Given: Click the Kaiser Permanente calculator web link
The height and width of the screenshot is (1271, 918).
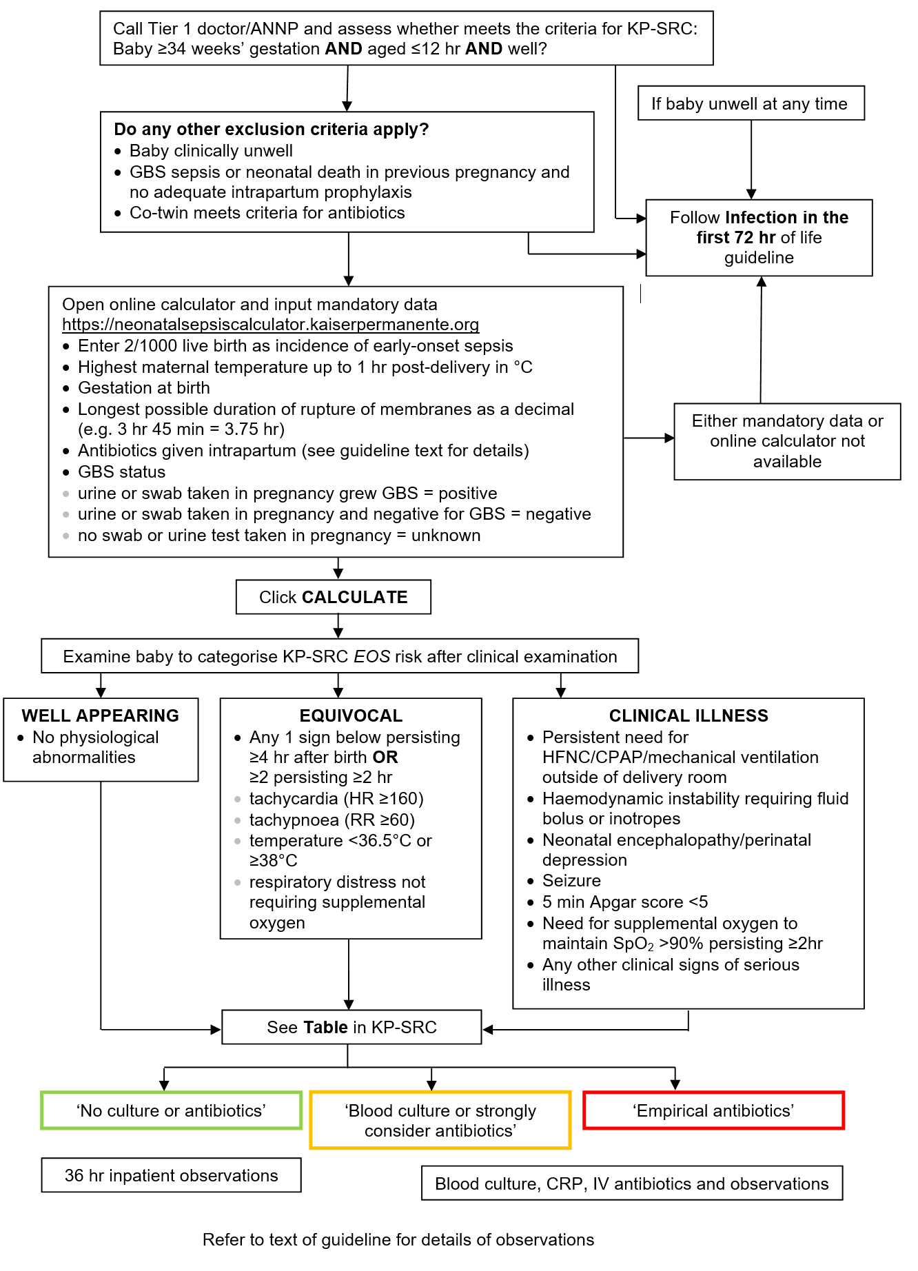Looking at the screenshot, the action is coord(270,325).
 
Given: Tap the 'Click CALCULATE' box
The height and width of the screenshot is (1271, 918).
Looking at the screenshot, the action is coord(334,597).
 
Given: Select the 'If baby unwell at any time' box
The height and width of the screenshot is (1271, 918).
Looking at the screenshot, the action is coord(751,103).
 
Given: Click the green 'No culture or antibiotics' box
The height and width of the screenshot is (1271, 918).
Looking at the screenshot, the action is coord(172,1110).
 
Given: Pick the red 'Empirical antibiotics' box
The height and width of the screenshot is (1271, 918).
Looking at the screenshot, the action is coord(714,1110).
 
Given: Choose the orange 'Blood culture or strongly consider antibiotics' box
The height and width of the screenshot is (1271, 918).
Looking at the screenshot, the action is coord(440,1120).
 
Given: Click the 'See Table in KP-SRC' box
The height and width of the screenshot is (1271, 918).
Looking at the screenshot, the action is coord(351,1027).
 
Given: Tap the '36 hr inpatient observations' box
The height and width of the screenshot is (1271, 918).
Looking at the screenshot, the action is coord(172,1175).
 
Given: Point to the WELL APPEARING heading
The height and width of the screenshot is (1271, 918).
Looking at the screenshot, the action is coord(101,715).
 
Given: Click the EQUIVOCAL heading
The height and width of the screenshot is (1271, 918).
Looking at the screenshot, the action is coord(351,715).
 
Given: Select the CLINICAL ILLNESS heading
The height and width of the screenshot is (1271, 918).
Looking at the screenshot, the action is coord(688,715).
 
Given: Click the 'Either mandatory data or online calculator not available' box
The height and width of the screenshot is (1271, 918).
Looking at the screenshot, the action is coord(788,441).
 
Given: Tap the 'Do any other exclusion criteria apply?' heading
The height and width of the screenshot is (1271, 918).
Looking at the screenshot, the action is coord(272,129).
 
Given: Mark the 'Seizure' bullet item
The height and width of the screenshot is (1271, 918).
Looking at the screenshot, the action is coord(571,880).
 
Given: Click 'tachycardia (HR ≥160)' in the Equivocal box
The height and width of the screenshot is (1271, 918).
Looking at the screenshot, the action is coord(336,798).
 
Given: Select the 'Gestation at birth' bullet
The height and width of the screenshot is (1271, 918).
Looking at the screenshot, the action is coord(144,387).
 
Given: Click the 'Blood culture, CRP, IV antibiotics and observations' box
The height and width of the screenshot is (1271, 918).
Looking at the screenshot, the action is coord(632,1183).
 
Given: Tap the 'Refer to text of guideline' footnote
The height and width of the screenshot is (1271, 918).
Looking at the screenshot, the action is coord(398,1239).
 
